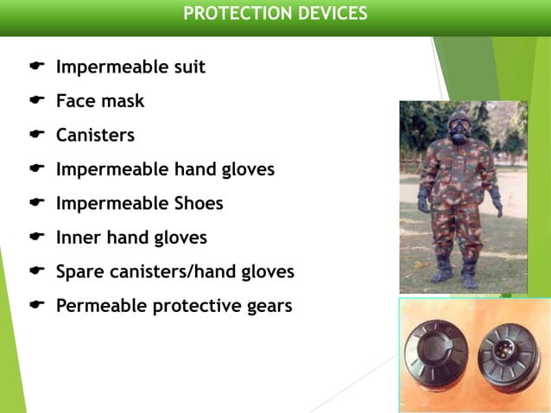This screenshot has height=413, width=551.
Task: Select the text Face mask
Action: (x=100, y=101)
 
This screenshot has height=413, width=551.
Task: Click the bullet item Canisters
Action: (x=95, y=136)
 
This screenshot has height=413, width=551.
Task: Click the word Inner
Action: (x=78, y=238)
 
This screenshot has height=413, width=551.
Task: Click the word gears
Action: (x=267, y=307)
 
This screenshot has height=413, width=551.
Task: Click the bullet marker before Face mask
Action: (x=36, y=100)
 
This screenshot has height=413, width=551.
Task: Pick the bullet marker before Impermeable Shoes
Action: (x=36, y=203)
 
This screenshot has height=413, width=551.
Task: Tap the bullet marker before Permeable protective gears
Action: (x=36, y=305)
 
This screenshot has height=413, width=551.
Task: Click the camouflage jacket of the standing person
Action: (x=459, y=173)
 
